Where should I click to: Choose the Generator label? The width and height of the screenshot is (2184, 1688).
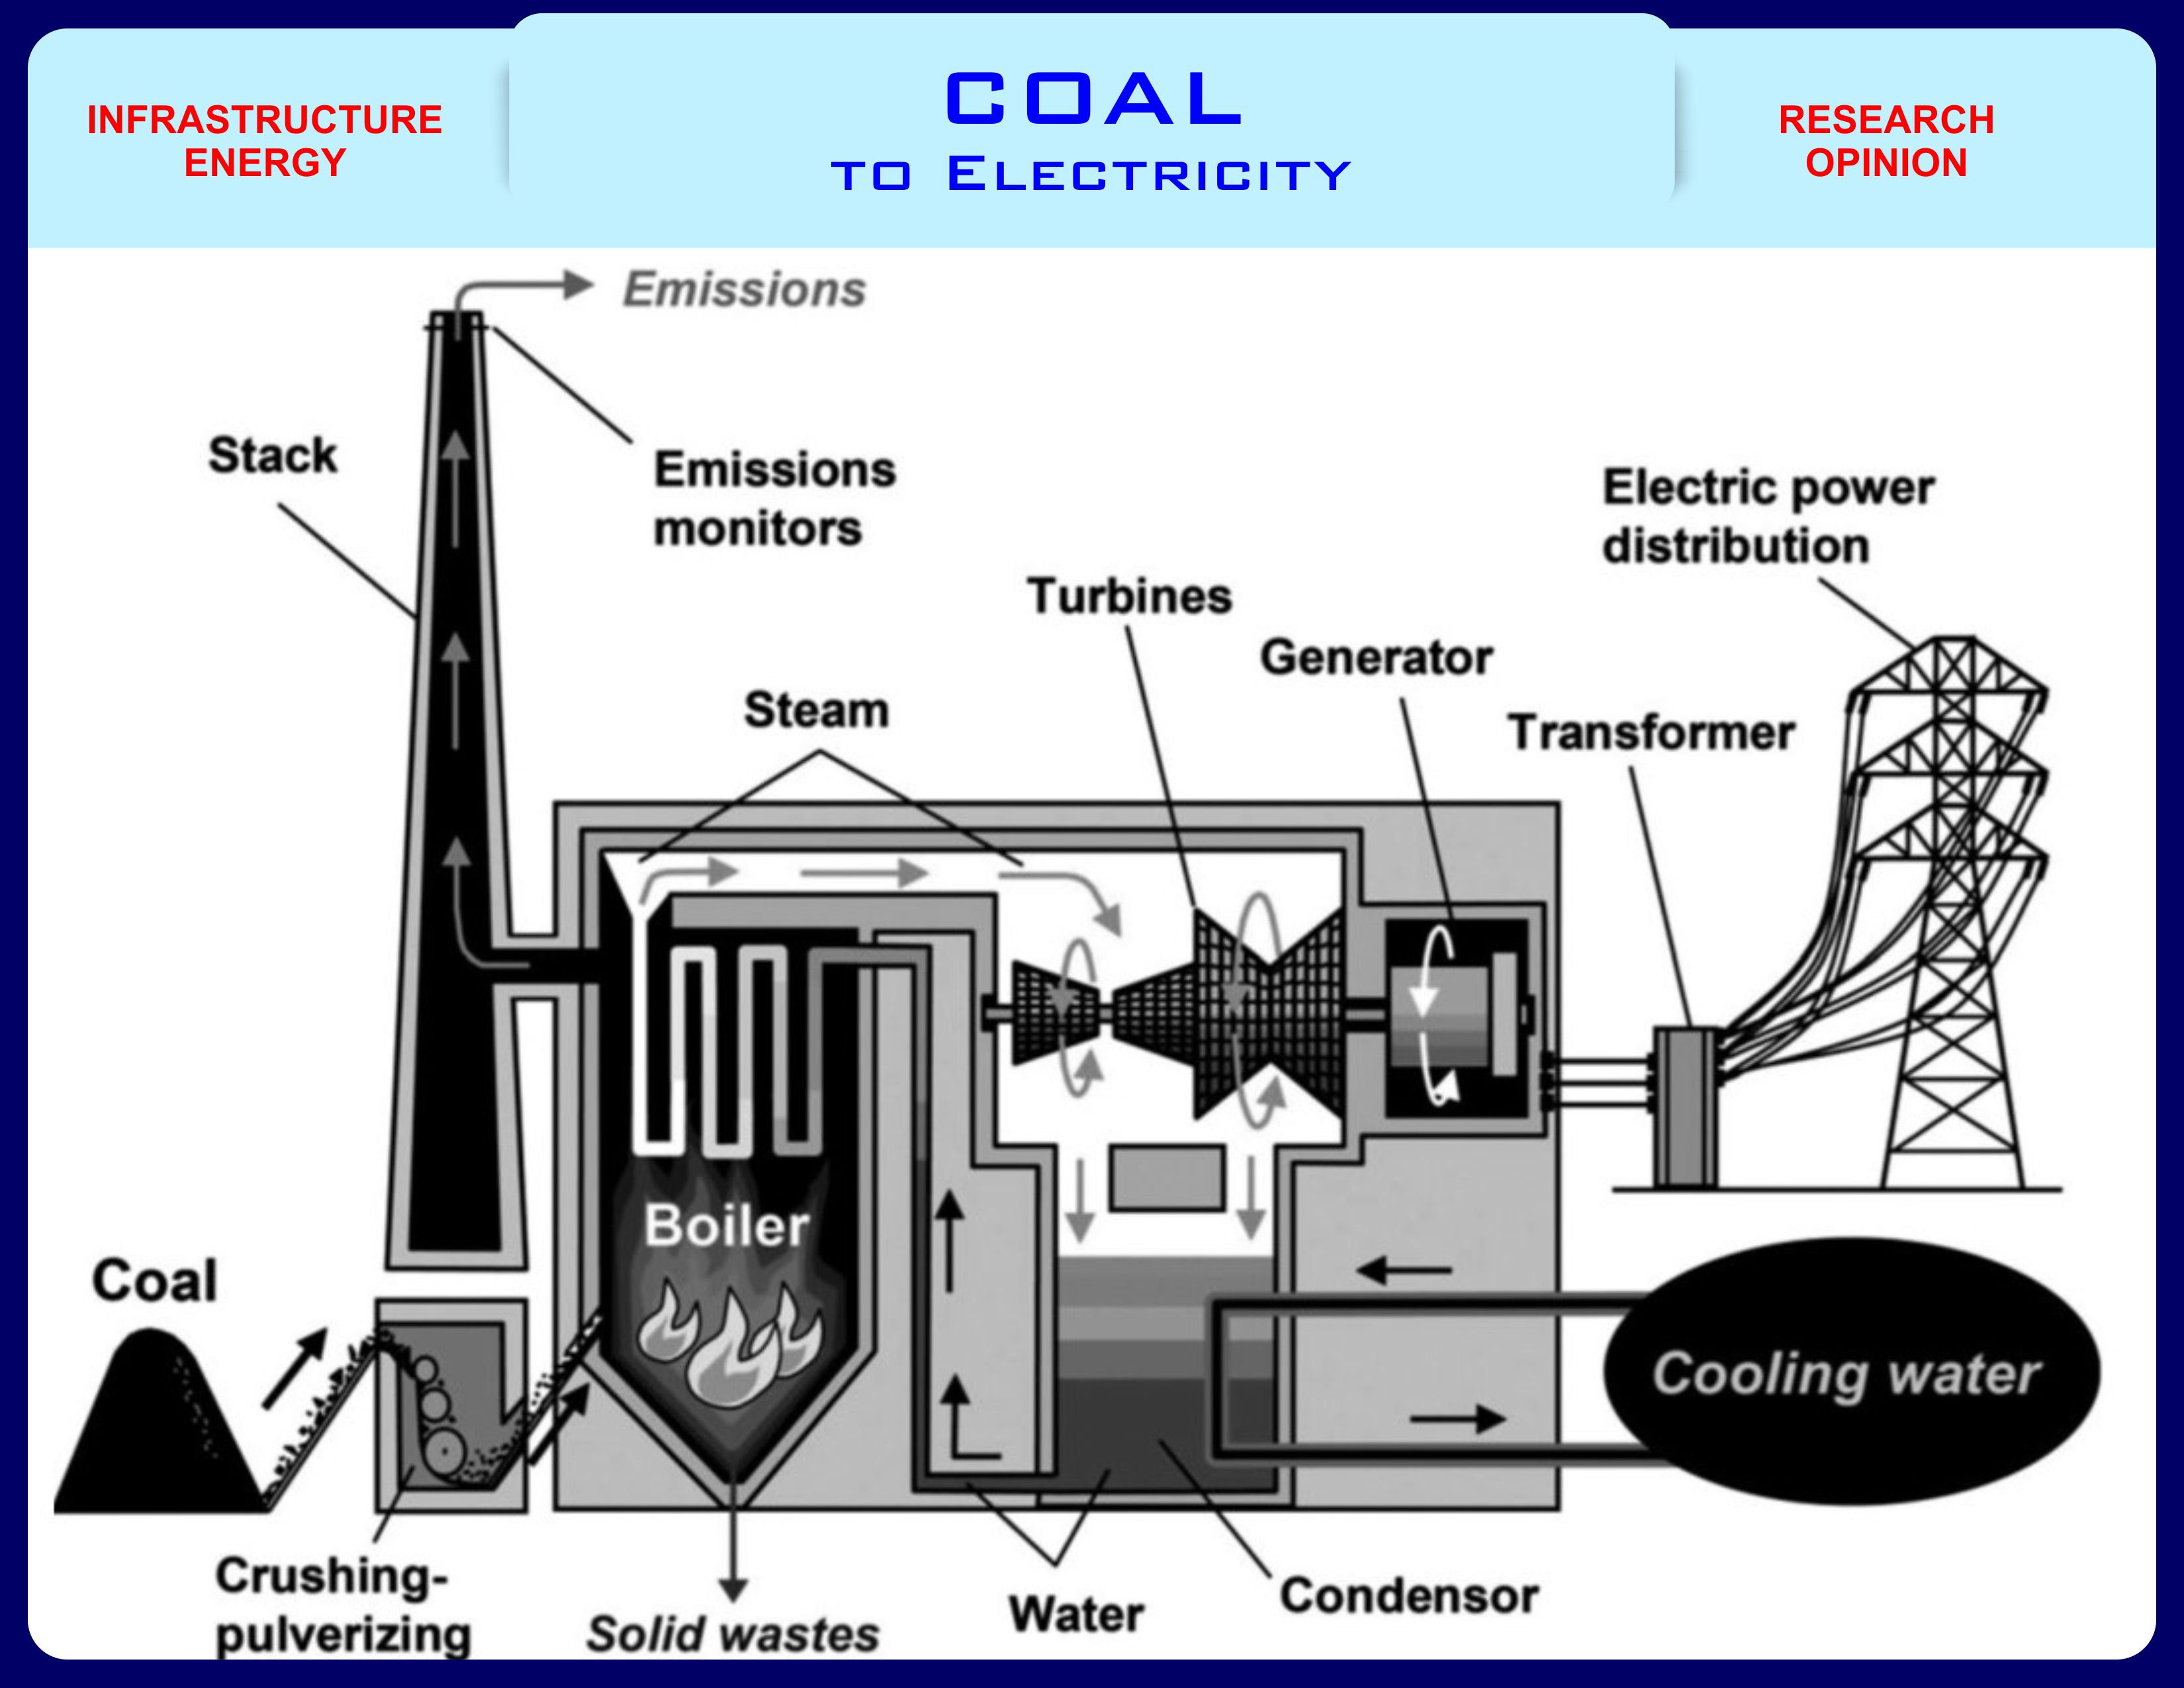pos(1376,658)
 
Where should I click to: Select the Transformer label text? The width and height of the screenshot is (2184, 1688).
pos(1651,733)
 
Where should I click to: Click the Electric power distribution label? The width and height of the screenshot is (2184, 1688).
pos(1767,517)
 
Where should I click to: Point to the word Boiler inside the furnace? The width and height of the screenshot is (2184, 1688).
pos(726,1226)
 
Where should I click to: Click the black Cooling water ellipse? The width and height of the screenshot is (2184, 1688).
pos(1850,1372)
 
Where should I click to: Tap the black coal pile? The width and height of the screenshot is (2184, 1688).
pos(150,1430)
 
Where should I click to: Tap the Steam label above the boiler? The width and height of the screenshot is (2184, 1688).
pos(816,710)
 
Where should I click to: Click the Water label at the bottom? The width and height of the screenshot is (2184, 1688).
pos(1077,1614)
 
